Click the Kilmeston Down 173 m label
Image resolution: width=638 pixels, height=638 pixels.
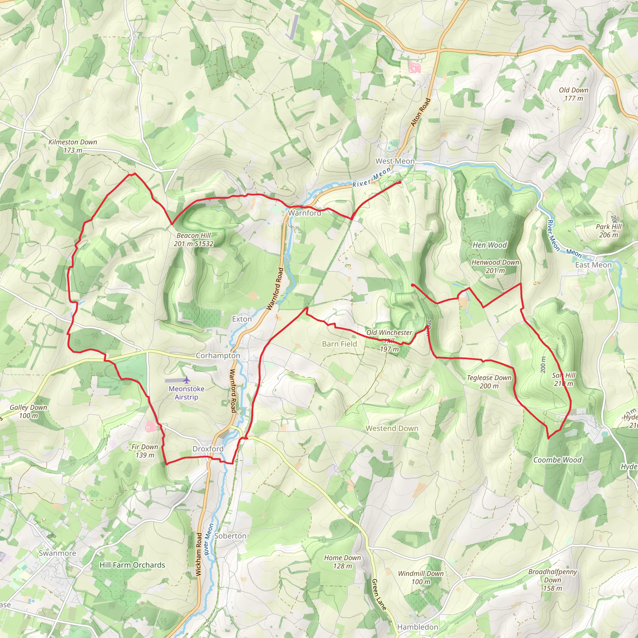coord(73,146)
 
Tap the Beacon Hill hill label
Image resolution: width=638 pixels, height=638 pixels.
coord(193,240)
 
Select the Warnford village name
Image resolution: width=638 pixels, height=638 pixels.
coord(304,213)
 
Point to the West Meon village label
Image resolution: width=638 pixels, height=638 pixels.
coord(395,161)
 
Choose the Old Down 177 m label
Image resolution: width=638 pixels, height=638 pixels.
coord(574,94)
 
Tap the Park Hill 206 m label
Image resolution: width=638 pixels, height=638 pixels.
coord(608,231)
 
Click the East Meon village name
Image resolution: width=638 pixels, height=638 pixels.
coord(593,265)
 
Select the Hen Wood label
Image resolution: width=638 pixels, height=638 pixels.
coord(489,245)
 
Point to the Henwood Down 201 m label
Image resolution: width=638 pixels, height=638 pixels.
coord(495,266)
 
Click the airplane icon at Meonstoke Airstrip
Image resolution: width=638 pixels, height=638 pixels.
coord(187,380)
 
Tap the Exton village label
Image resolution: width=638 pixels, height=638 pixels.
coord(242,319)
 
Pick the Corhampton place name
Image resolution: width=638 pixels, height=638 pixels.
coord(218,356)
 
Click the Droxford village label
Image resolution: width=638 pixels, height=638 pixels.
coord(208,449)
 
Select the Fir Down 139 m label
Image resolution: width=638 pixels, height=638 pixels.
coord(145,451)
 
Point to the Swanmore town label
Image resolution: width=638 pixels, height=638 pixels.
coord(57,553)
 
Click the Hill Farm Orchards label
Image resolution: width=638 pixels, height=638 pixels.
coord(132,565)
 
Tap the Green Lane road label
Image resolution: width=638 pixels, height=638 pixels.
coord(379,594)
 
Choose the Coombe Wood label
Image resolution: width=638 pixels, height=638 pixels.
coord(557,460)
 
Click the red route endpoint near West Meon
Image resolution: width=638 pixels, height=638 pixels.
coord(400,182)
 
